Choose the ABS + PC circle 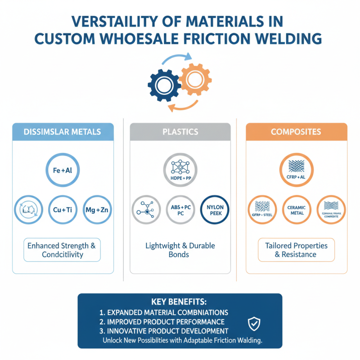coord(180,210)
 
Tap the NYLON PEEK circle coord(215,210)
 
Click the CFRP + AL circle coord(296,170)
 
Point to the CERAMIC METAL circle coord(296,210)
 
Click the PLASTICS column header coord(180,132)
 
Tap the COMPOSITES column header coord(296,132)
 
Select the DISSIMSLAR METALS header coord(63,132)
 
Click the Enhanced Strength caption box coord(62,250)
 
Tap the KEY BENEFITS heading coord(180,301)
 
